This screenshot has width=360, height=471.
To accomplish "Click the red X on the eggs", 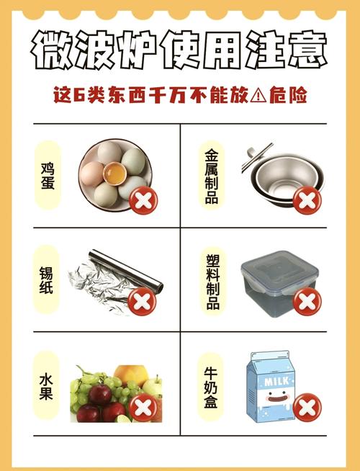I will pyautogui.click(x=144, y=199).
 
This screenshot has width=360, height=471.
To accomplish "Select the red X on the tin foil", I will pyautogui.click(x=144, y=301).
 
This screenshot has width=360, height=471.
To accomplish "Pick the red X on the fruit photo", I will pyautogui.click(x=144, y=408).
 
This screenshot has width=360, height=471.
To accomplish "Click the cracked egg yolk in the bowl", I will pyautogui.click(x=113, y=174).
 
